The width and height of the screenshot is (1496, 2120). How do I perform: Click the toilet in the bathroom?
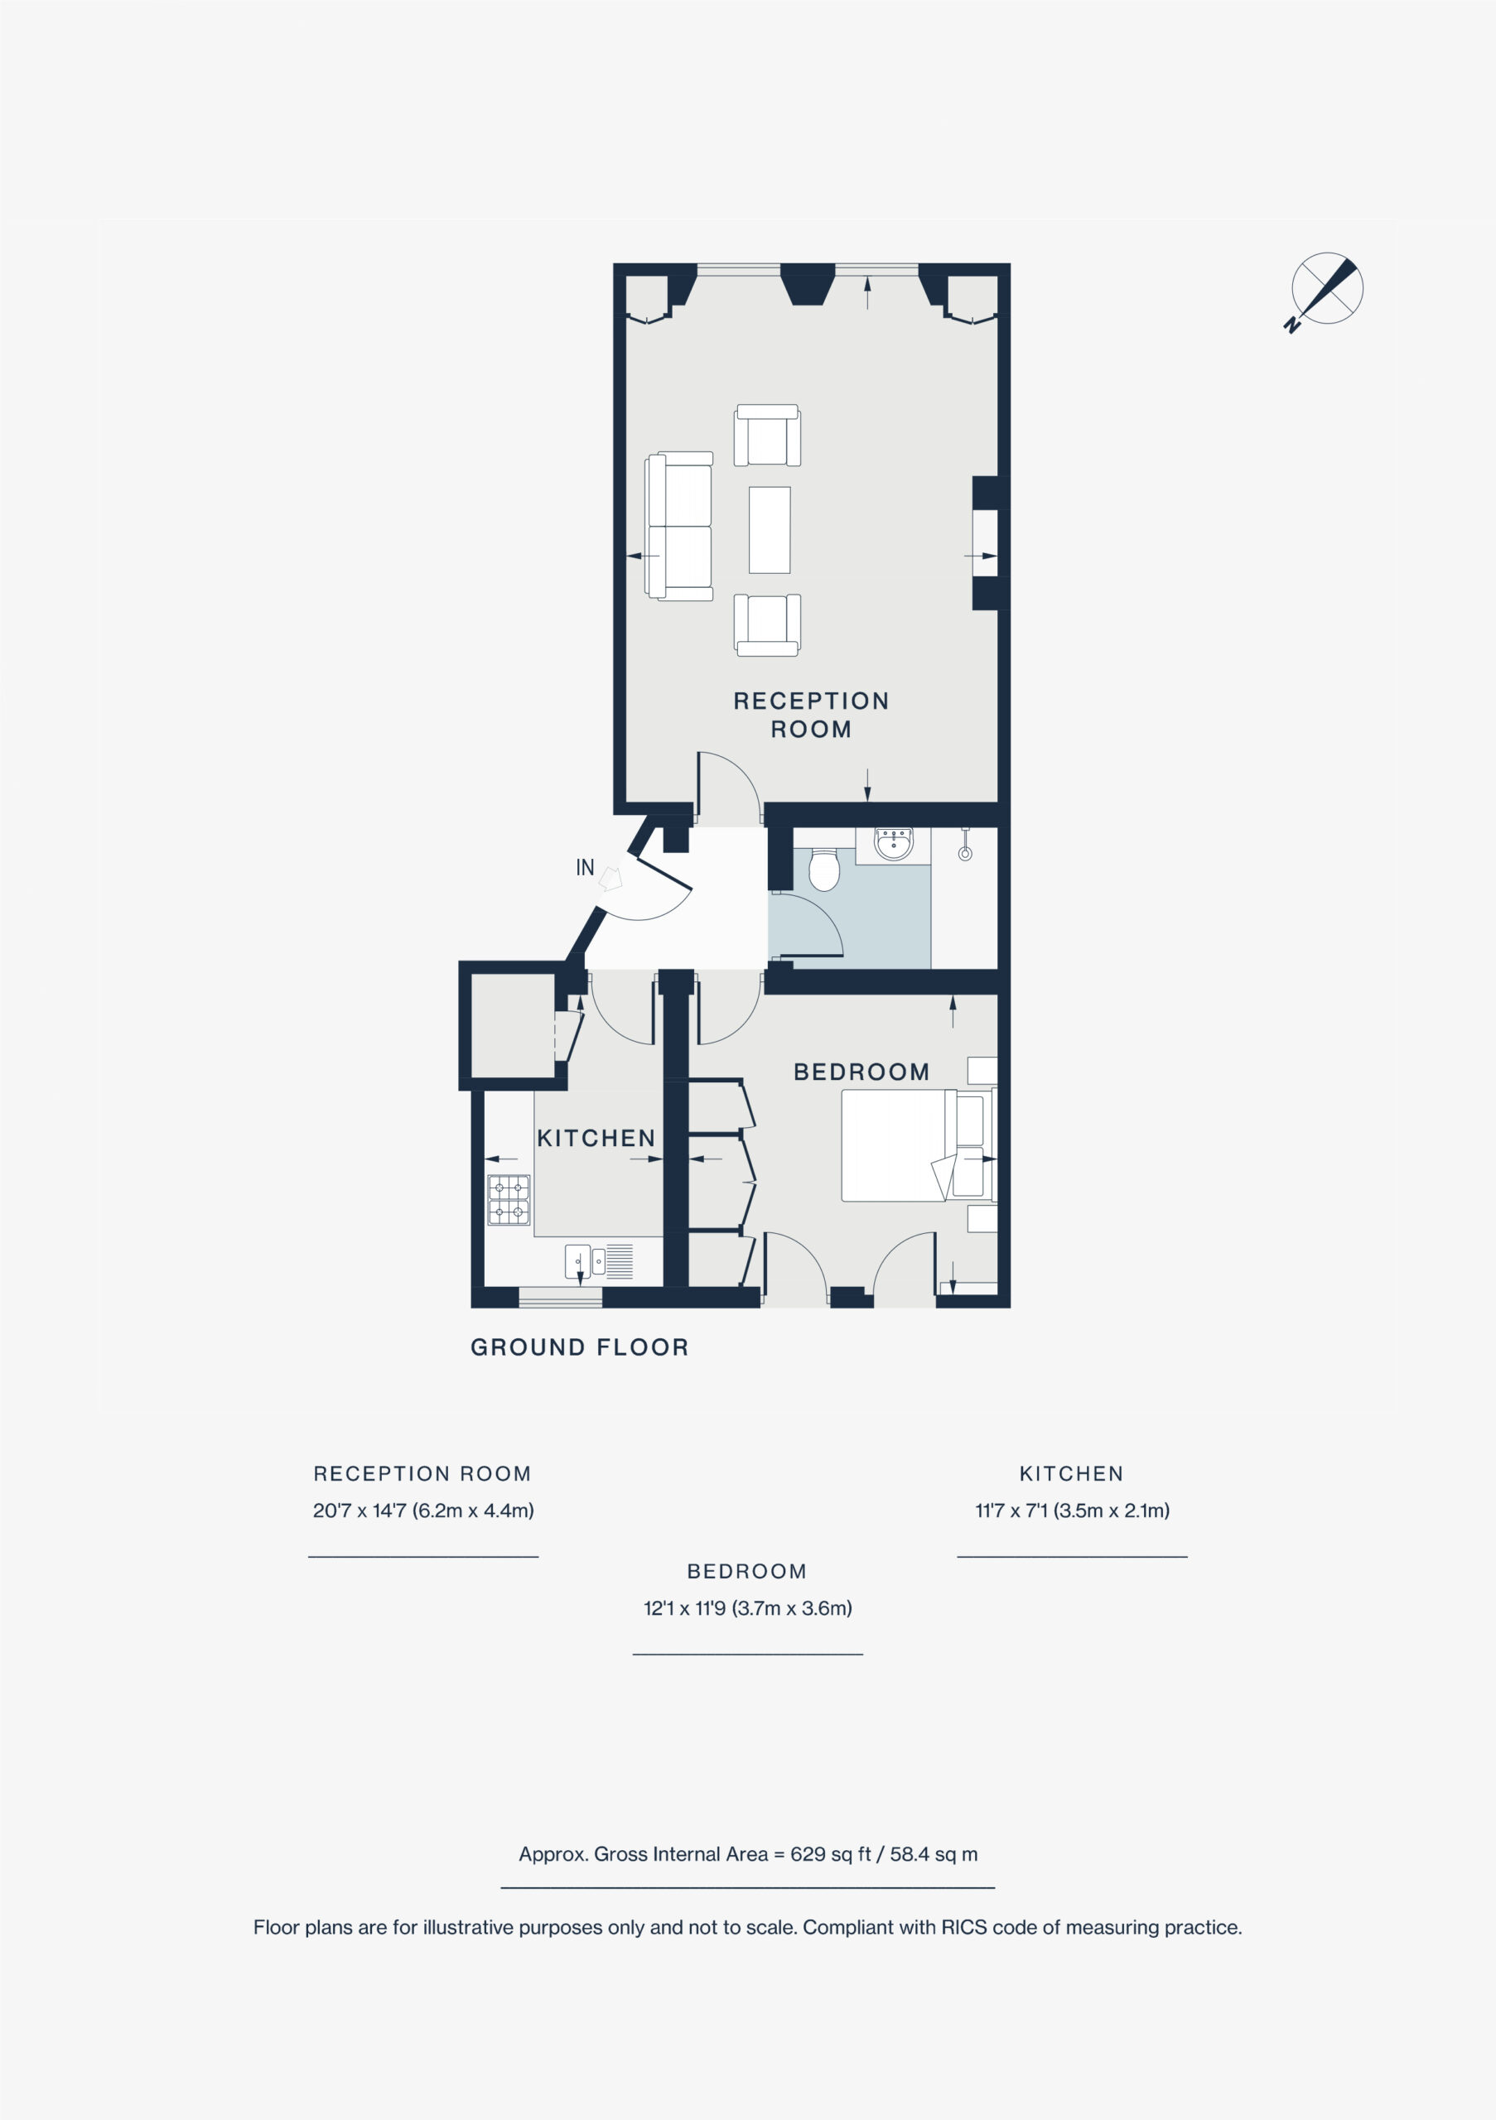[823, 870]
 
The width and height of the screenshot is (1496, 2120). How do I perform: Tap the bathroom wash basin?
[894, 844]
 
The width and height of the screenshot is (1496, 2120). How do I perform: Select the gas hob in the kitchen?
[509, 1199]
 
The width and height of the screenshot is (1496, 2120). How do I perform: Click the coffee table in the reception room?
[770, 530]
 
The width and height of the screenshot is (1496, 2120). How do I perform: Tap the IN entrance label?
[585, 867]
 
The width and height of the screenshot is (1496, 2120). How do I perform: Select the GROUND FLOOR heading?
[580, 1347]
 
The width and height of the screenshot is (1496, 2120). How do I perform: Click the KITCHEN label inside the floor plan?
[596, 1138]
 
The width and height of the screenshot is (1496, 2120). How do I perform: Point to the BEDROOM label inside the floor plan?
[861, 1072]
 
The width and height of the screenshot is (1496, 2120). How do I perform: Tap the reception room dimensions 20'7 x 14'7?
[423, 1510]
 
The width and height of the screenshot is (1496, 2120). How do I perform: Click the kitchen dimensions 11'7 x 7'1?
[1072, 1510]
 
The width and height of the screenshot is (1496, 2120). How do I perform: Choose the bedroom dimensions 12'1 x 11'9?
[748, 1607]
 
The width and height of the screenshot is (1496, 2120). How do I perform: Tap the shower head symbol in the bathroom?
[965, 845]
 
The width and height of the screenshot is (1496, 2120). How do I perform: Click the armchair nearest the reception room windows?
[766, 435]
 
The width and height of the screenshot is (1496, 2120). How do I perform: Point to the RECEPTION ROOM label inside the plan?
[811, 715]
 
